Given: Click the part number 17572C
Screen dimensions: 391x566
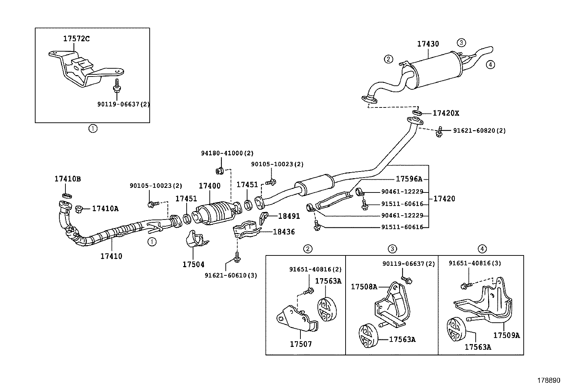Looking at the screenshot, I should pos(76,39).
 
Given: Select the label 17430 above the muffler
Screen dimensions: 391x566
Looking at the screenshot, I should pos(428,44).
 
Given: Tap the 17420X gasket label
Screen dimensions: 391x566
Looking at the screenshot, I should pos(446,113).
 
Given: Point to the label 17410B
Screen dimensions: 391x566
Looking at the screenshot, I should pos(68,179).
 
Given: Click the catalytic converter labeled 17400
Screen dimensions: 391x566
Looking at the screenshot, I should pos(216,214).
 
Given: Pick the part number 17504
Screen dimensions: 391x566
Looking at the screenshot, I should pos(193,264).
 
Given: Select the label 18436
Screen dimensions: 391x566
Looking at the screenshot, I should pos(284,232).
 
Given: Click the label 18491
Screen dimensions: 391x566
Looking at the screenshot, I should pos(289,216).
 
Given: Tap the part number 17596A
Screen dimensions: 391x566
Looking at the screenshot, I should pos(409,179).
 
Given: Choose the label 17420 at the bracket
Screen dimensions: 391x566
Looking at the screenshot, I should pos(444,199).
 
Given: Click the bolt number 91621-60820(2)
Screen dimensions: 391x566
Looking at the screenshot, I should pos(479,131).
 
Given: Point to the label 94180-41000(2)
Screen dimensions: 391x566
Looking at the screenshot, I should pos(227,153).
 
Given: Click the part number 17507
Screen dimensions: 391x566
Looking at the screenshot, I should pos(301,344).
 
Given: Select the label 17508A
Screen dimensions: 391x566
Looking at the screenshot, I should pos(364,286).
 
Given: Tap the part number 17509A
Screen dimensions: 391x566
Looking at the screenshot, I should pos(506,335).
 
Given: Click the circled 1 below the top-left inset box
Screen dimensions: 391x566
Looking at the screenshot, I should pos(92,128).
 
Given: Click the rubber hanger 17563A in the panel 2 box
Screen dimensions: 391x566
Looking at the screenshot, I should pos(326,308).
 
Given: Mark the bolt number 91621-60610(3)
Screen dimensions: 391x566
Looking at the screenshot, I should pos(231,275).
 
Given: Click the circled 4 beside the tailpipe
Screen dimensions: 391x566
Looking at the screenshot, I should pos(490,64).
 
